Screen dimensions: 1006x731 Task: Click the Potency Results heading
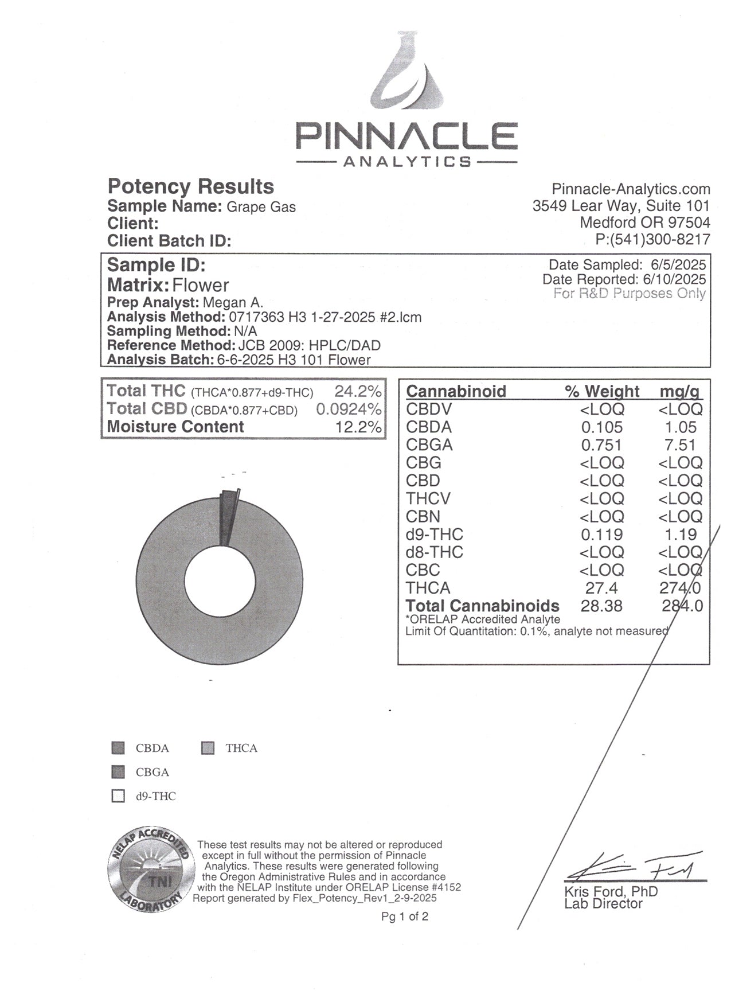(x=191, y=186)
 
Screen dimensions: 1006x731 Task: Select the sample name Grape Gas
(x=261, y=206)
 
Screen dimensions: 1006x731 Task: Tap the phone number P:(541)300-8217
(x=652, y=240)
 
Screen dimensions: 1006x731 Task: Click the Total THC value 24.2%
(x=358, y=392)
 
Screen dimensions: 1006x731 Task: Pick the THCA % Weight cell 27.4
(x=601, y=588)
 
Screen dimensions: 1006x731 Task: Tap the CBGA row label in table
(x=429, y=445)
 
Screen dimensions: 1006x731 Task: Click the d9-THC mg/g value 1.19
(x=681, y=535)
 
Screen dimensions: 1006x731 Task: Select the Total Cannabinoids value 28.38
(x=601, y=606)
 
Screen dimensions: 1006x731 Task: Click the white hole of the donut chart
(x=220, y=583)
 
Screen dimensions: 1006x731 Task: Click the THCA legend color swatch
(x=208, y=748)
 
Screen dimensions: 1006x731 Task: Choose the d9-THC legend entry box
(x=118, y=796)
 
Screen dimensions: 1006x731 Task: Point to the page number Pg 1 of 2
(x=404, y=917)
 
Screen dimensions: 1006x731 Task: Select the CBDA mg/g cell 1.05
(x=681, y=427)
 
